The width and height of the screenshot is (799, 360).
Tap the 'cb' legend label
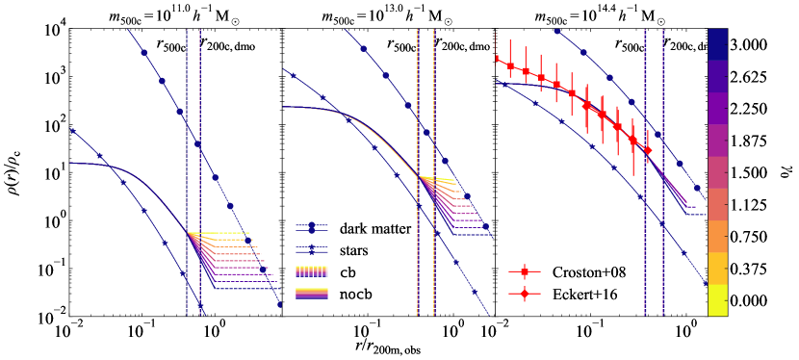pos(348,271)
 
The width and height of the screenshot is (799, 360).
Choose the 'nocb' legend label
pos(355,293)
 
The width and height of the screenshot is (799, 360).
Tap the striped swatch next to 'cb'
pos(312,271)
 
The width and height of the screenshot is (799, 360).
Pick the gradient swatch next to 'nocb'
pos(312,293)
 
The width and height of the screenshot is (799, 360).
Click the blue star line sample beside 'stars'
pos(312,250)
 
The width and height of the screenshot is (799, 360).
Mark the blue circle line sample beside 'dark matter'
pos(312,229)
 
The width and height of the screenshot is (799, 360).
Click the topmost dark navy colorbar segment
pos(717,44)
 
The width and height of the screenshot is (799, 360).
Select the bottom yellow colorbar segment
pos(717,299)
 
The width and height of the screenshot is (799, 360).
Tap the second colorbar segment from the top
pos(717,76)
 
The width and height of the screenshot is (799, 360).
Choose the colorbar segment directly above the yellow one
pos(717,268)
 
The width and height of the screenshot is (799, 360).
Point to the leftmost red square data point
pos(497,59)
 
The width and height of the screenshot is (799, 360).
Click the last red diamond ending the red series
pos(648,150)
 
